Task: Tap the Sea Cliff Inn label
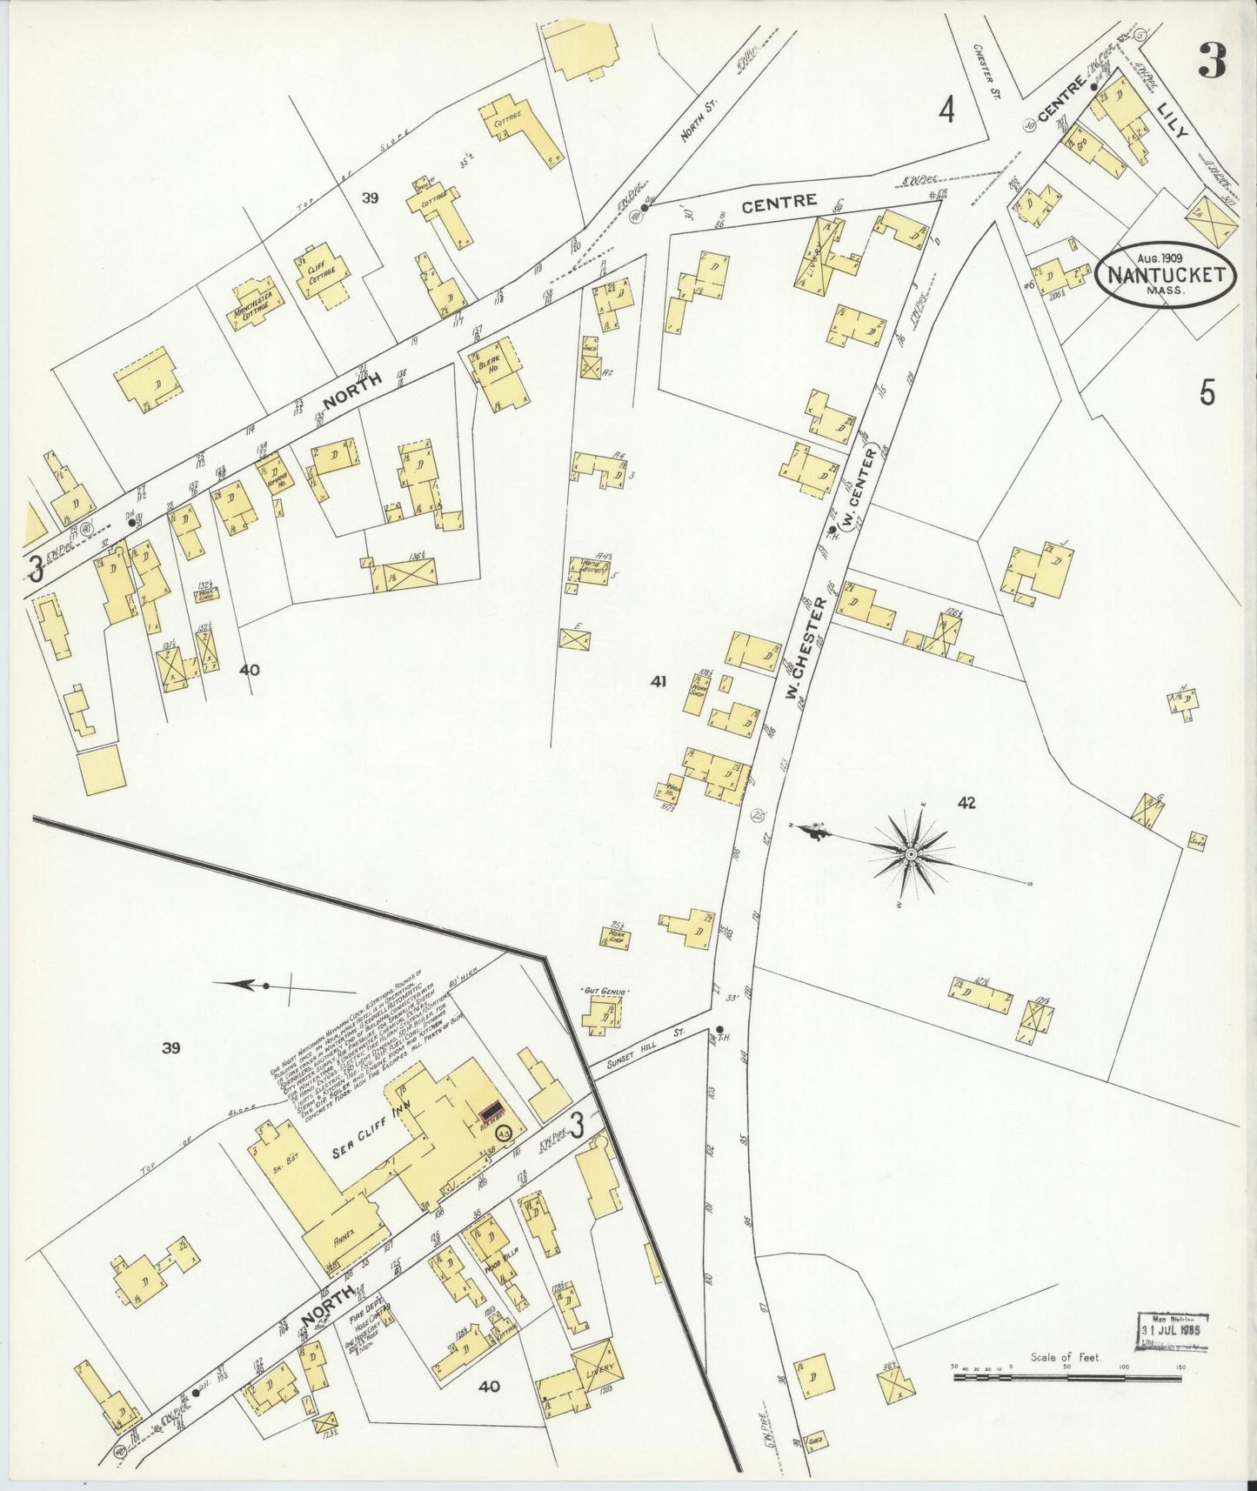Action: [366, 1147]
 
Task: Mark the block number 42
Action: [966, 803]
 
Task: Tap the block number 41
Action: [658, 682]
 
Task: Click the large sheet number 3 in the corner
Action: [1211, 60]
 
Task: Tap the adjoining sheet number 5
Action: [1207, 394]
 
